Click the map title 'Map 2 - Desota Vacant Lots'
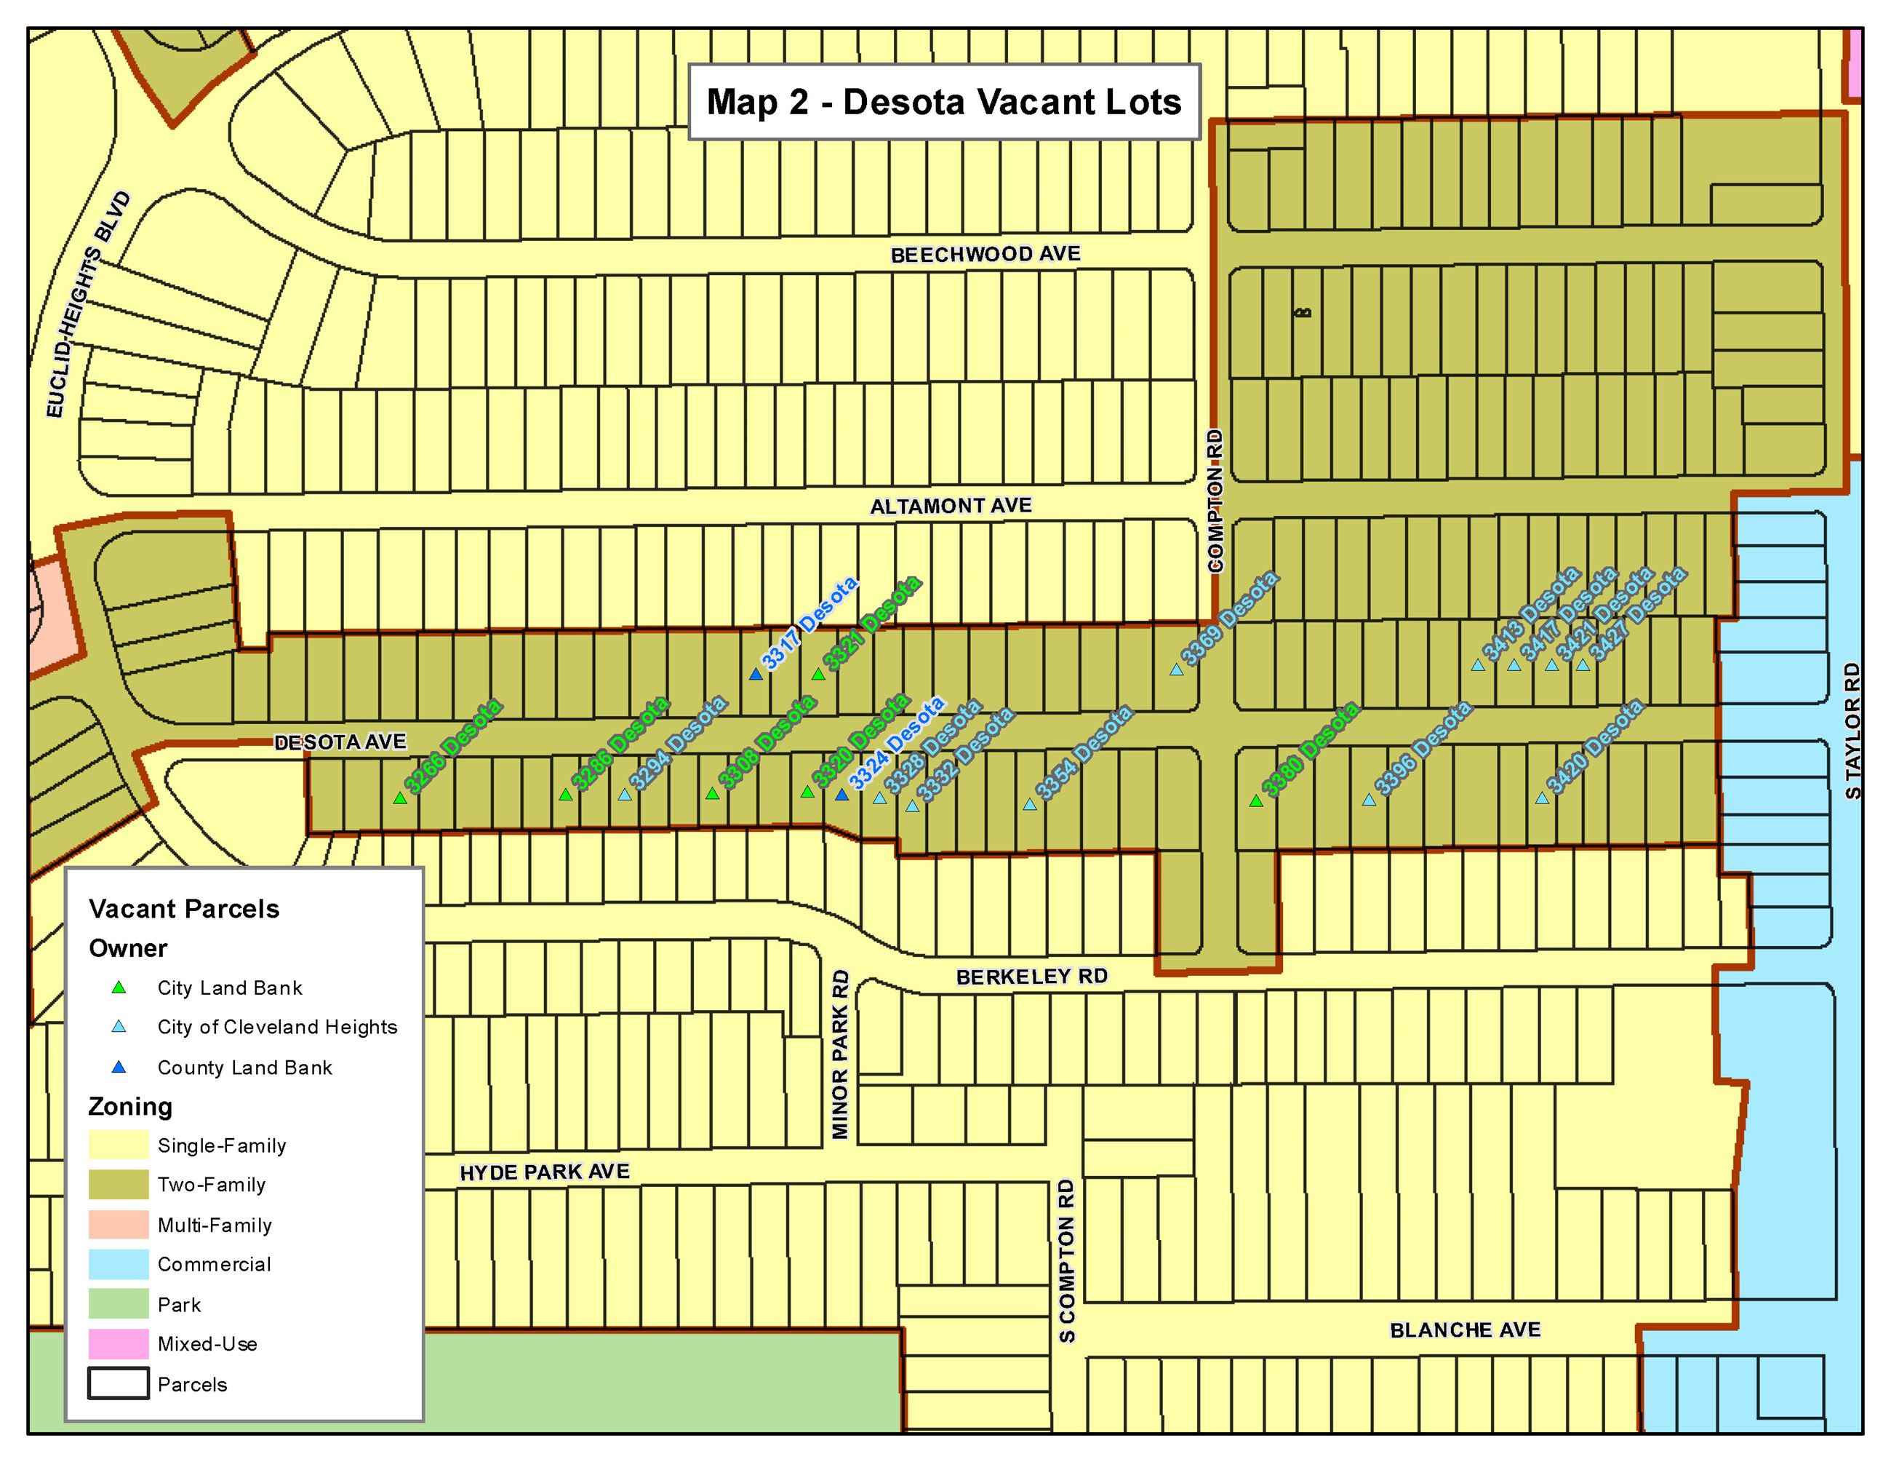coord(944,102)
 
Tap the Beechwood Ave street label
coord(986,255)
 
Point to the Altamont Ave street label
coord(951,506)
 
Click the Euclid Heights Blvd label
coord(88,305)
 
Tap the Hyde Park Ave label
coord(544,1172)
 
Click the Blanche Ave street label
coord(1465,1330)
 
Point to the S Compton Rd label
coord(1067,1260)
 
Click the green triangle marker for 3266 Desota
coord(399,798)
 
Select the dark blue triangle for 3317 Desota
coord(756,674)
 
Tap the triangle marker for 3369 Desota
coord(1176,670)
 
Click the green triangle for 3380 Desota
coord(1255,801)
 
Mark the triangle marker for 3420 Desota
coord(1541,798)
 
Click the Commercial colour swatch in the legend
coord(119,1263)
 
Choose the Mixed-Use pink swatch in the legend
coord(119,1343)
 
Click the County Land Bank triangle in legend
coord(119,1067)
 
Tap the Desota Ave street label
coord(340,742)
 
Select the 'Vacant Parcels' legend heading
coord(183,908)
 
